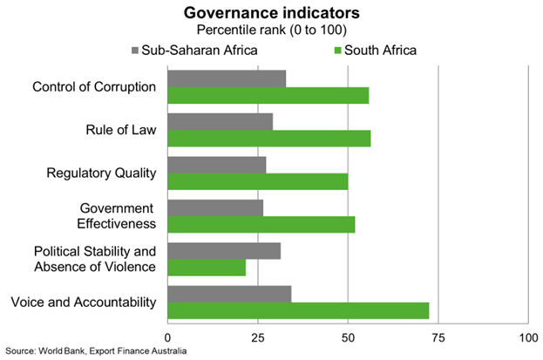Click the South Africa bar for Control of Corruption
(268, 96)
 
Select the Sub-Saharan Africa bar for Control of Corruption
(227, 78)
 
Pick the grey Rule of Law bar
(220, 121)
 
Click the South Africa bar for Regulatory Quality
(257, 181)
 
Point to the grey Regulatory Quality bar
(216, 165)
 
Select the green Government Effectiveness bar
(261, 224)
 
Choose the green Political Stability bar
(207, 268)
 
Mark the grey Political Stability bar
(224, 251)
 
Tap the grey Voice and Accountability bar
(229, 294)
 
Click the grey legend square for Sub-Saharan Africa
(134, 50)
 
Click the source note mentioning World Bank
(94, 351)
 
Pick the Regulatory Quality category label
(101, 173)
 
